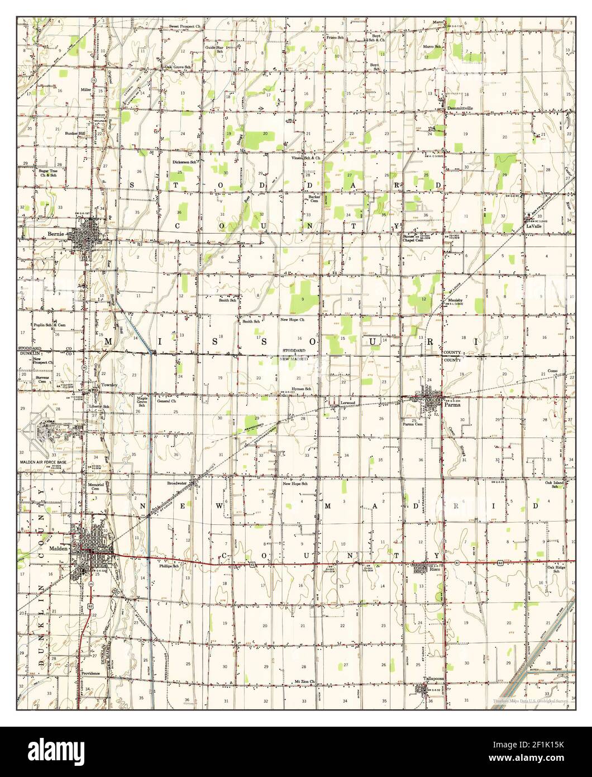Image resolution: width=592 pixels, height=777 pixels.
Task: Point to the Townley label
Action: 109,386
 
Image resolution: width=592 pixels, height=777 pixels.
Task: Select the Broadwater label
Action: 179,482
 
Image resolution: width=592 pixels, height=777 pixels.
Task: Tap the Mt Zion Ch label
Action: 305,682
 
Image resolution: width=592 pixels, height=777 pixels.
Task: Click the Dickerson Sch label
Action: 184,162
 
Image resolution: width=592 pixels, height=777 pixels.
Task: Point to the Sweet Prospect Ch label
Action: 184,26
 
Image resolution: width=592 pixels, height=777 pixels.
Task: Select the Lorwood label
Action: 348,402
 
